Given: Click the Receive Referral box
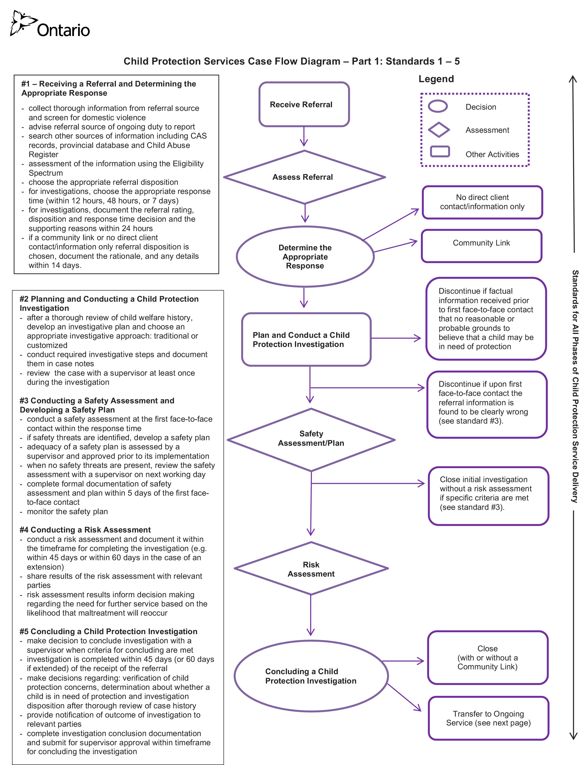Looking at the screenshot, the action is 304,104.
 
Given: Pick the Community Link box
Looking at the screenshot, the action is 481,246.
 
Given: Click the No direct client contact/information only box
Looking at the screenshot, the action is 482,202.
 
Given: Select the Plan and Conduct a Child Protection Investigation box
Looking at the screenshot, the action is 306,339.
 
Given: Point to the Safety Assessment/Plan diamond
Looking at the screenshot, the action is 311,440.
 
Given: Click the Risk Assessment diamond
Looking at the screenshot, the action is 311,569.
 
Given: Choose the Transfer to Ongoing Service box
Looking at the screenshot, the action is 488,718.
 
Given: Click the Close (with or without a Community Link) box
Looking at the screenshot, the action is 488,657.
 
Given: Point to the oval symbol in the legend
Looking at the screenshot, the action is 438,106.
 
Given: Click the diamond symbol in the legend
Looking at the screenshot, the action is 439,130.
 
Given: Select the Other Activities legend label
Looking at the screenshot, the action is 492,154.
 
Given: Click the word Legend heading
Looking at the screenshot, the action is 436,79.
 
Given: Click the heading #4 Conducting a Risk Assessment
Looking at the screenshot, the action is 85,530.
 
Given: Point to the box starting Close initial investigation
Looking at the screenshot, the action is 488,496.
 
